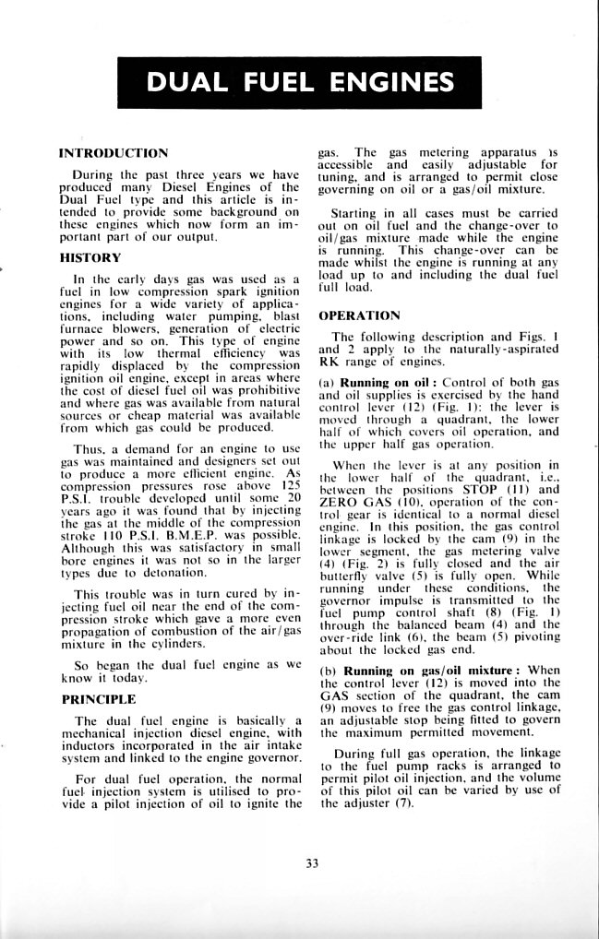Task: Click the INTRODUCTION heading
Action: (113, 152)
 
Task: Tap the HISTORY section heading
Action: (90, 258)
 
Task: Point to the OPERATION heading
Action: (359, 315)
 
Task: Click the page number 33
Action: (311, 863)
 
